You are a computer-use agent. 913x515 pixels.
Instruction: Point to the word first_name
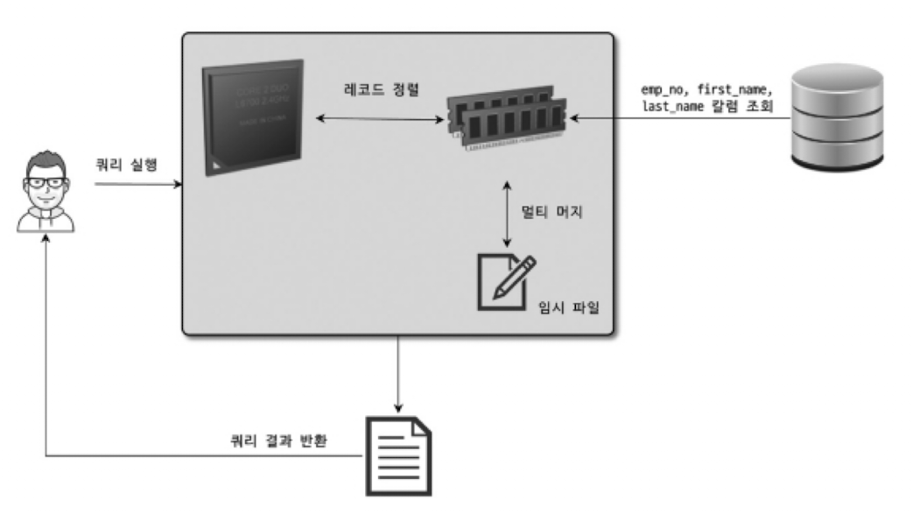click(x=734, y=90)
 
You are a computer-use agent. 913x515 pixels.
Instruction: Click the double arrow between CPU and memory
click(x=376, y=117)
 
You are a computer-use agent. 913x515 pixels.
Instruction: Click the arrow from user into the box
click(x=137, y=185)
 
